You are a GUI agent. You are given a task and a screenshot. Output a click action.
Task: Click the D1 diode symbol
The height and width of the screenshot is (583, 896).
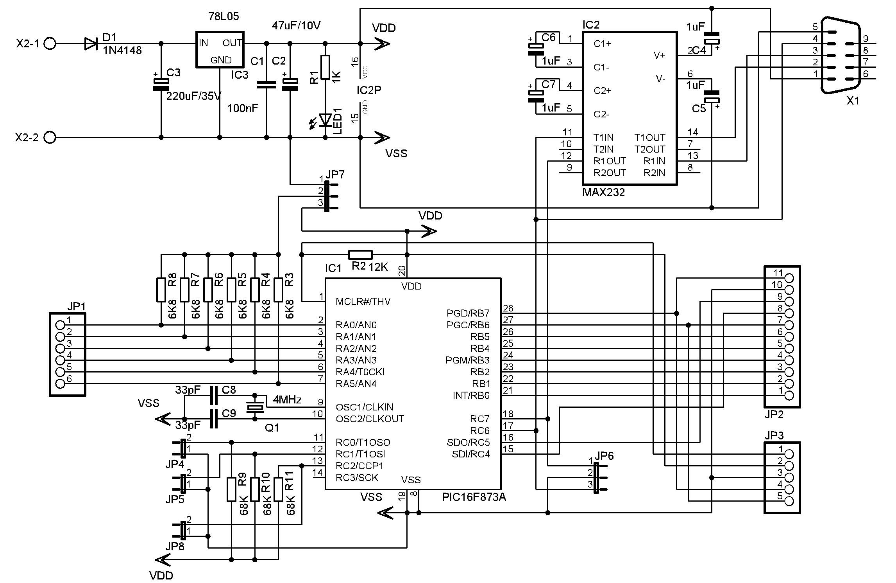click(x=91, y=43)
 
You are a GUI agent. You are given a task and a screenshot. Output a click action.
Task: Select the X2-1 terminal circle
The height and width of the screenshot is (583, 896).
click(x=50, y=43)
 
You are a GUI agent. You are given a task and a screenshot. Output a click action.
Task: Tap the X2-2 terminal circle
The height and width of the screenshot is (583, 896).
click(x=50, y=137)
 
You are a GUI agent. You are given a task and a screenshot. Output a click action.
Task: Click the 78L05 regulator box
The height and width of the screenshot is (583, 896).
click(x=220, y=49)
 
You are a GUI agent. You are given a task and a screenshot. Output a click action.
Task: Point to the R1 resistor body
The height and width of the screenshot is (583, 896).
click(x=325, y=67)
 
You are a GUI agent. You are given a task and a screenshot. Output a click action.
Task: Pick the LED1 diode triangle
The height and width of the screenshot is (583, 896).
click(x=325, y=120)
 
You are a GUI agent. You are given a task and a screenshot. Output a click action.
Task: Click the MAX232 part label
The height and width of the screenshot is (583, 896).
click(x=603, y=192)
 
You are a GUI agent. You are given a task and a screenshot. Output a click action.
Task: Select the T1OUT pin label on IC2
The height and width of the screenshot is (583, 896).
click(x=649, y=137)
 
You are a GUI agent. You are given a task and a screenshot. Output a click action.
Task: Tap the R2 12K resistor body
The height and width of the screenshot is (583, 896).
click(x=360, y=255)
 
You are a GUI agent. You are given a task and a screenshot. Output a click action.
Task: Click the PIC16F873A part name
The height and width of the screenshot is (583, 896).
click(x=474, y=497)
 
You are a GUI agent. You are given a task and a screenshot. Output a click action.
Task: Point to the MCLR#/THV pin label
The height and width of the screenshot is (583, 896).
click(x=363, y=301)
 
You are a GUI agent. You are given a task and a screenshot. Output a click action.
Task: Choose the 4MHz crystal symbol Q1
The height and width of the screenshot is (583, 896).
click(x=255, y=407)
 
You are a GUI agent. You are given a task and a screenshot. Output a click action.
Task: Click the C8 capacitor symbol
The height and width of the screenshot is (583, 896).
click(x=213, y=396)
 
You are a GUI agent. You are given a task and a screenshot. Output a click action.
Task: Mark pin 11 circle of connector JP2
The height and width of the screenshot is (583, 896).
click(x=789, y=278)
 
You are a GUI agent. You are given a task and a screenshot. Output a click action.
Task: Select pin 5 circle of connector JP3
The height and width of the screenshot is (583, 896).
click(x=789, y=501)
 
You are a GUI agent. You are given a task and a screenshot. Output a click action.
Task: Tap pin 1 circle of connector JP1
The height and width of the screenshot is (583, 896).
click(x=60, y=325)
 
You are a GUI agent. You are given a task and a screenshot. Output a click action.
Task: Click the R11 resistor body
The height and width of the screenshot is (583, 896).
click(x=278, y=489)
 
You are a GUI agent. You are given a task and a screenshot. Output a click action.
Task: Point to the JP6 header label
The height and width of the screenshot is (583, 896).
click(x=604, y=456)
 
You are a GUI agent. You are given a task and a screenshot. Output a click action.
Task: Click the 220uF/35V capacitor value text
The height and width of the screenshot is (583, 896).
click(x=194, y=96)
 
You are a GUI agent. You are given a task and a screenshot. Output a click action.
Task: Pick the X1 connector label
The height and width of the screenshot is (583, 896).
click(x=853, y=101)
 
